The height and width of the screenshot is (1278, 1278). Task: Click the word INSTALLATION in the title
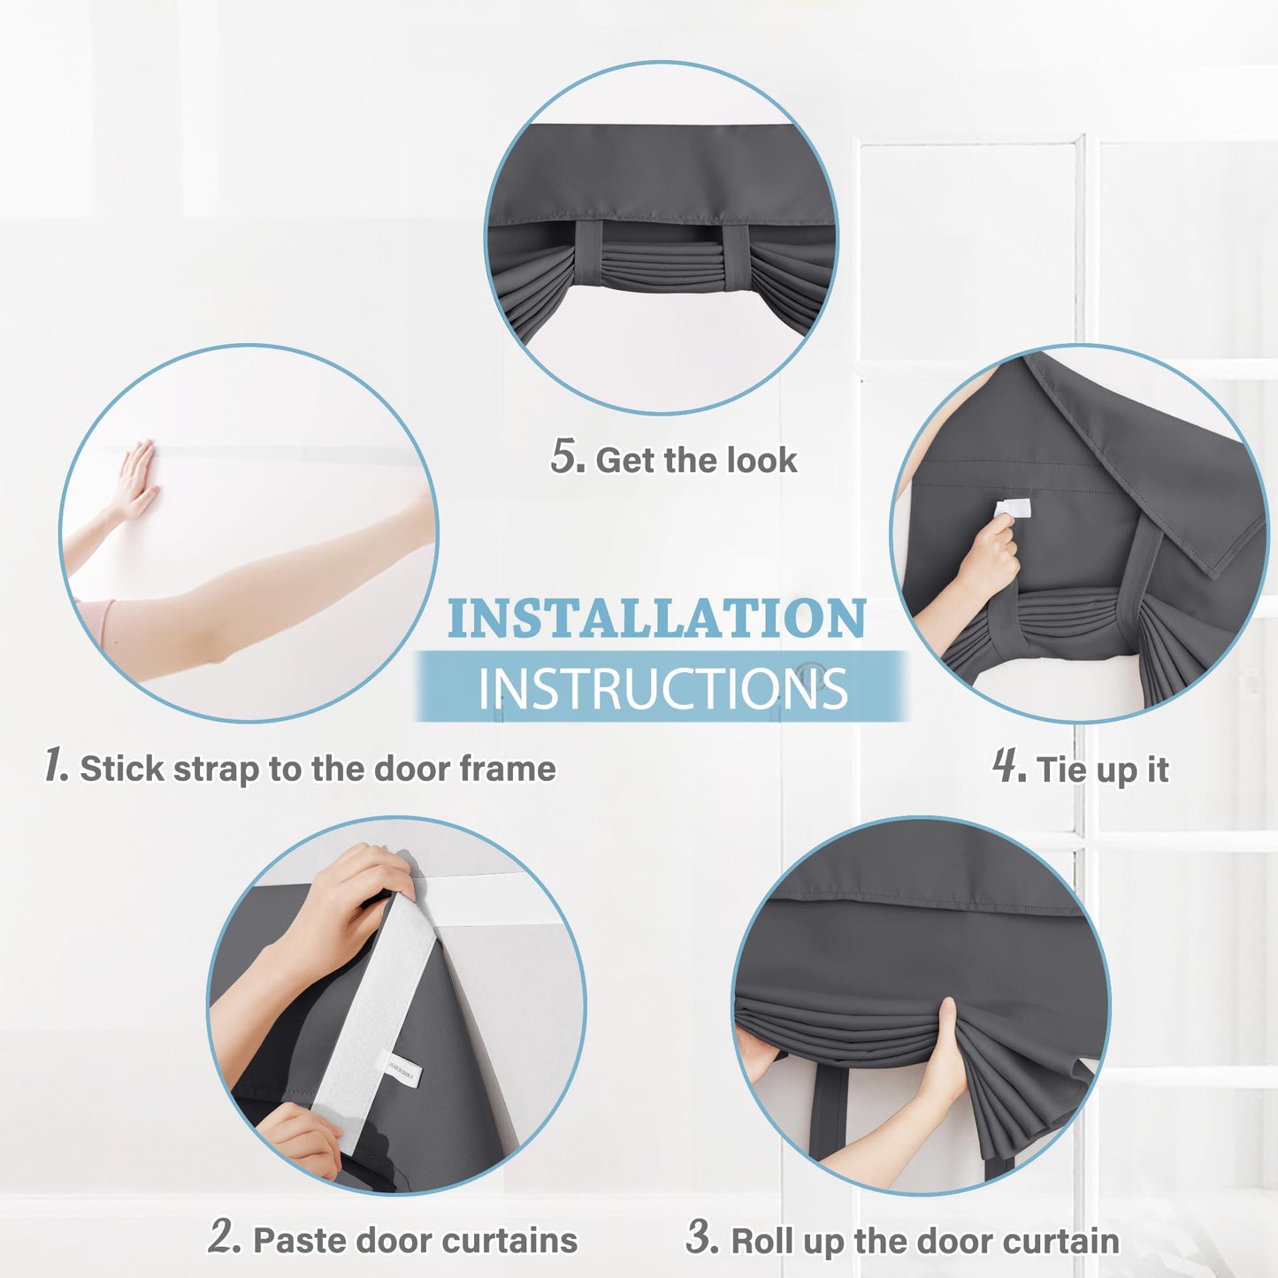tap(656, 618)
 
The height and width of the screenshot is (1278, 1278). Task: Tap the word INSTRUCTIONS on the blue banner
tap(662, 688)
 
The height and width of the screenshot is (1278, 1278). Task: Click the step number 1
tap(56, 765)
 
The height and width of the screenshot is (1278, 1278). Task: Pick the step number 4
tap(1008, 766)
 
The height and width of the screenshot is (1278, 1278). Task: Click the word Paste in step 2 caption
tap(294, 1240)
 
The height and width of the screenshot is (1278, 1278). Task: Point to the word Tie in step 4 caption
tap(1062, 769)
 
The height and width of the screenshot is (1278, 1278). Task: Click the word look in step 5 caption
tap(761, 460)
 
